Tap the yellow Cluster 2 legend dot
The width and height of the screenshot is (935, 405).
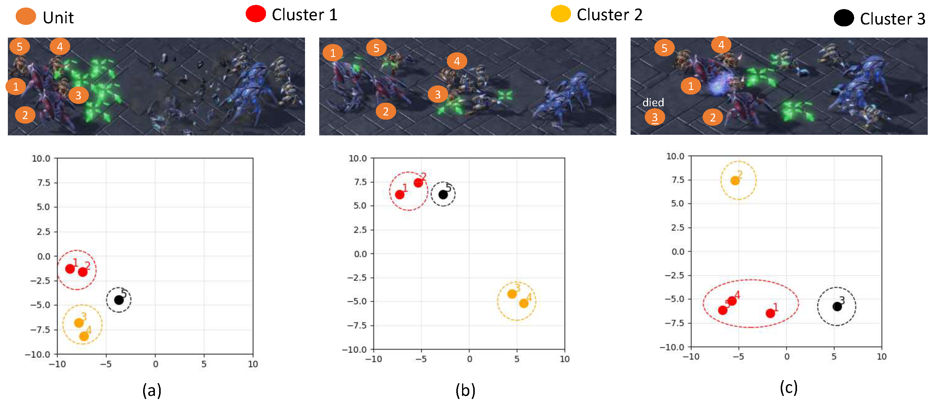click(560, 14)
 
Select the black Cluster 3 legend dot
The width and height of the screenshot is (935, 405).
click(844, 18)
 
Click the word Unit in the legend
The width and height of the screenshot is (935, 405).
click(58, 18)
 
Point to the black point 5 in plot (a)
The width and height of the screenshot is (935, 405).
click(119, 300)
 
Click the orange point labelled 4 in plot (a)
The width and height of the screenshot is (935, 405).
click(84, 336)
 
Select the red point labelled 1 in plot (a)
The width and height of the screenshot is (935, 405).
click(70, 269)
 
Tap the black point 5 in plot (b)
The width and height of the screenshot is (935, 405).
click(443, 195)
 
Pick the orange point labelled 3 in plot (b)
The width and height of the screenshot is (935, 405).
click(512, 294)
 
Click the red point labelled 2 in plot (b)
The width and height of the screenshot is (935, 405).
click(418, 183)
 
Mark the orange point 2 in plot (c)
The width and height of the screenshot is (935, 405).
click(735, 181)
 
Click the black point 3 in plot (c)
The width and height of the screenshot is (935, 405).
click(837, 307)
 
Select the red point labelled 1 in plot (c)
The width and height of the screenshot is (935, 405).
click(770, 313)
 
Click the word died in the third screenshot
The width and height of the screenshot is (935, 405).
click(653, 102)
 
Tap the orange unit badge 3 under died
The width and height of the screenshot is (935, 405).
click(655, 117)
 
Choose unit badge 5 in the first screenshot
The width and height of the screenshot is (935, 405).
click(20, 46)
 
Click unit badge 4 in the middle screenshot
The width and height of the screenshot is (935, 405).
click(457, 61)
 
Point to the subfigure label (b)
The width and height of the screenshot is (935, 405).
click(465, 390)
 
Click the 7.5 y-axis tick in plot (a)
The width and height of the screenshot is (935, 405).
click(44, 183)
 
